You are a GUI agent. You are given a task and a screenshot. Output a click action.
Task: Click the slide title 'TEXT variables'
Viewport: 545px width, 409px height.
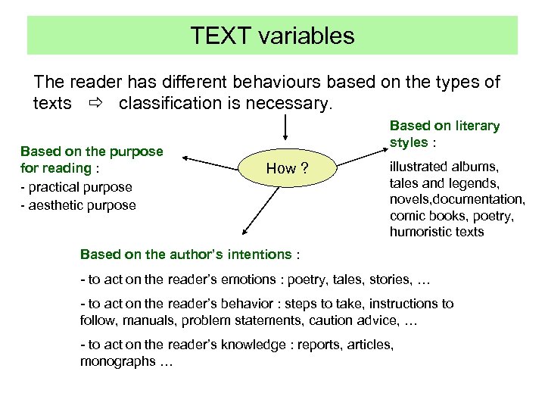coord(272,36)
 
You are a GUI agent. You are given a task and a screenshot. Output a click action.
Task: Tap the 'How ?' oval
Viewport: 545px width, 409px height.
coord(286,168)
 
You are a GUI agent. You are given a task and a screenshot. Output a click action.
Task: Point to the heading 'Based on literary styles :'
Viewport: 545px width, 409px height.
coord(444,134)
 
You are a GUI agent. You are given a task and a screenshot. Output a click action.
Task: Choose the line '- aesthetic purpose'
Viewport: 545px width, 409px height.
coord(78,205)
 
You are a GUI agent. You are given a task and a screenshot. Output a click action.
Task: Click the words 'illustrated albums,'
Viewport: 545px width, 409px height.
coord(444,167)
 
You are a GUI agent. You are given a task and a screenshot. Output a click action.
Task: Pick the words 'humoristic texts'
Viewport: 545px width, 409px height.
coord(437,232)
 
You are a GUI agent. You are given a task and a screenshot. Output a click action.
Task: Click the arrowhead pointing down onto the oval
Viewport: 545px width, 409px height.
coord(285,136)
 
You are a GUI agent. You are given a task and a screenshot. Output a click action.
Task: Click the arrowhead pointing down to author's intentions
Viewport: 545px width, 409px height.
coord(244,234)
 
